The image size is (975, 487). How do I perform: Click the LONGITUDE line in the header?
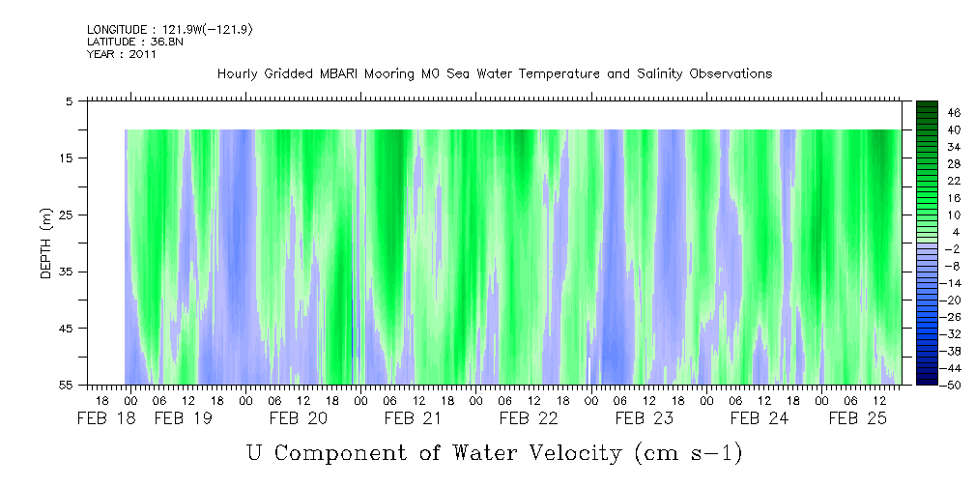click(x=170, y=30)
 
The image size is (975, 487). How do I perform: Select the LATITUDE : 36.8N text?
click(x=135, y=42)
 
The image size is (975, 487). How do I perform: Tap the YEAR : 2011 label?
click(x=122, y=54)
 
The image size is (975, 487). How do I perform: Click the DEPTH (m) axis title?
click(x=46, y=243)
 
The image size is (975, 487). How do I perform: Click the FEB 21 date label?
click(x=413, y=418)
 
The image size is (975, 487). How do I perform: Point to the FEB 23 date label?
click(x=645, y=418)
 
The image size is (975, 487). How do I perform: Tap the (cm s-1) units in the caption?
click(x=689, y=453)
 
